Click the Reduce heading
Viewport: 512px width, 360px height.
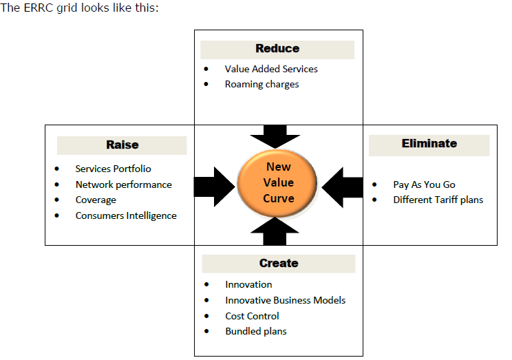(x=277, y=49)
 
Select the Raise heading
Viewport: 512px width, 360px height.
(x=122, y=145)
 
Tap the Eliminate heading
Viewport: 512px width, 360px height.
(x=429, y=144)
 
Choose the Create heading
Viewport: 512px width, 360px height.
(x=279, y=264)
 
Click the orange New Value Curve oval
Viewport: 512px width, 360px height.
(x=278, y=182)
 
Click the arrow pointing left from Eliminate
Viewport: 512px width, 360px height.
(x=343, y=187)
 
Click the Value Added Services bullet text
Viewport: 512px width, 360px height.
(x=271, y=69)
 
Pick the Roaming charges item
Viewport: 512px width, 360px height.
(x=262, y=85)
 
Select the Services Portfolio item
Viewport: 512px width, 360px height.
(x=113, y=169)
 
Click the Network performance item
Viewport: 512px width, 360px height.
(x=123, y=184)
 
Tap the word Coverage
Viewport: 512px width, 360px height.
(x=96, y=200)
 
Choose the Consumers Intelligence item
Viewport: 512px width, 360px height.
(x=126, y=216)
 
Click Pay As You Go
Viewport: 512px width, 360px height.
(x=424, y=184)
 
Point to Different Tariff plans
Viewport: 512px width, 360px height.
(x=438, y=200)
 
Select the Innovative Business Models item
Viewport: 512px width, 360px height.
(x=285, y=300)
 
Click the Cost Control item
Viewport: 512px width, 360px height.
(x=252, y=316)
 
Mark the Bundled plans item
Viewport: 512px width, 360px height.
(x=255, y=332)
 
